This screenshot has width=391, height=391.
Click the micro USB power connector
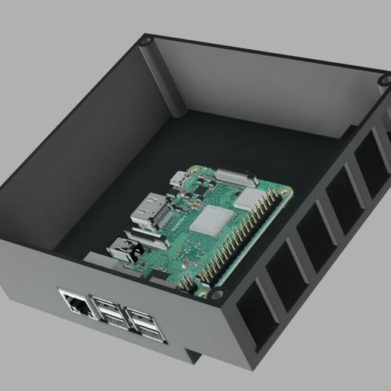[179, 180]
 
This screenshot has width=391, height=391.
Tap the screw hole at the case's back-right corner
[380, 96]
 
